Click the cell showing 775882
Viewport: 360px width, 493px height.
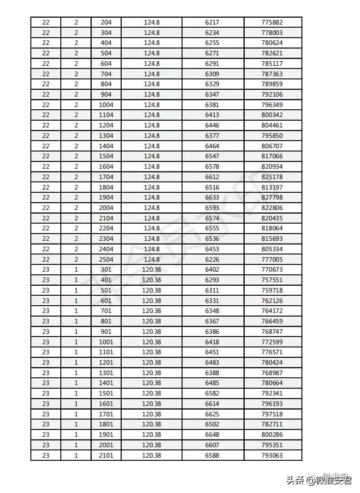point(272,22)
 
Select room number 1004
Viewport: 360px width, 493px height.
point(106,105)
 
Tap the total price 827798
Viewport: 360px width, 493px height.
point(272,197)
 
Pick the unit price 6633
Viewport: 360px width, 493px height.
point(212,197)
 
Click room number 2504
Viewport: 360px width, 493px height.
point(106,259)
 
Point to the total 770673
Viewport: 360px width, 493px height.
point(272,270)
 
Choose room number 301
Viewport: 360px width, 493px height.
point(106,270)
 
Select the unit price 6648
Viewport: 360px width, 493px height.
point(212,434)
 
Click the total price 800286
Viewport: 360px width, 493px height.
point(272,434)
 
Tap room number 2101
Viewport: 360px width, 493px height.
point(106,455)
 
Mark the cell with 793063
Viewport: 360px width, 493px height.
point(272,455)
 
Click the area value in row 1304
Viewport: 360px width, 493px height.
point(151,136)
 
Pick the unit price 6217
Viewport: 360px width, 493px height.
point(212,22)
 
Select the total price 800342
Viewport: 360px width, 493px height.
point(272,115)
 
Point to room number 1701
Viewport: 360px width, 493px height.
point(106,414)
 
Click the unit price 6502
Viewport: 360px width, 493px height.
point(212,424)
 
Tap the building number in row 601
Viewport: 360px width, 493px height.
point(46,301)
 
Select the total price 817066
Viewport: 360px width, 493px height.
point(272,156)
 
